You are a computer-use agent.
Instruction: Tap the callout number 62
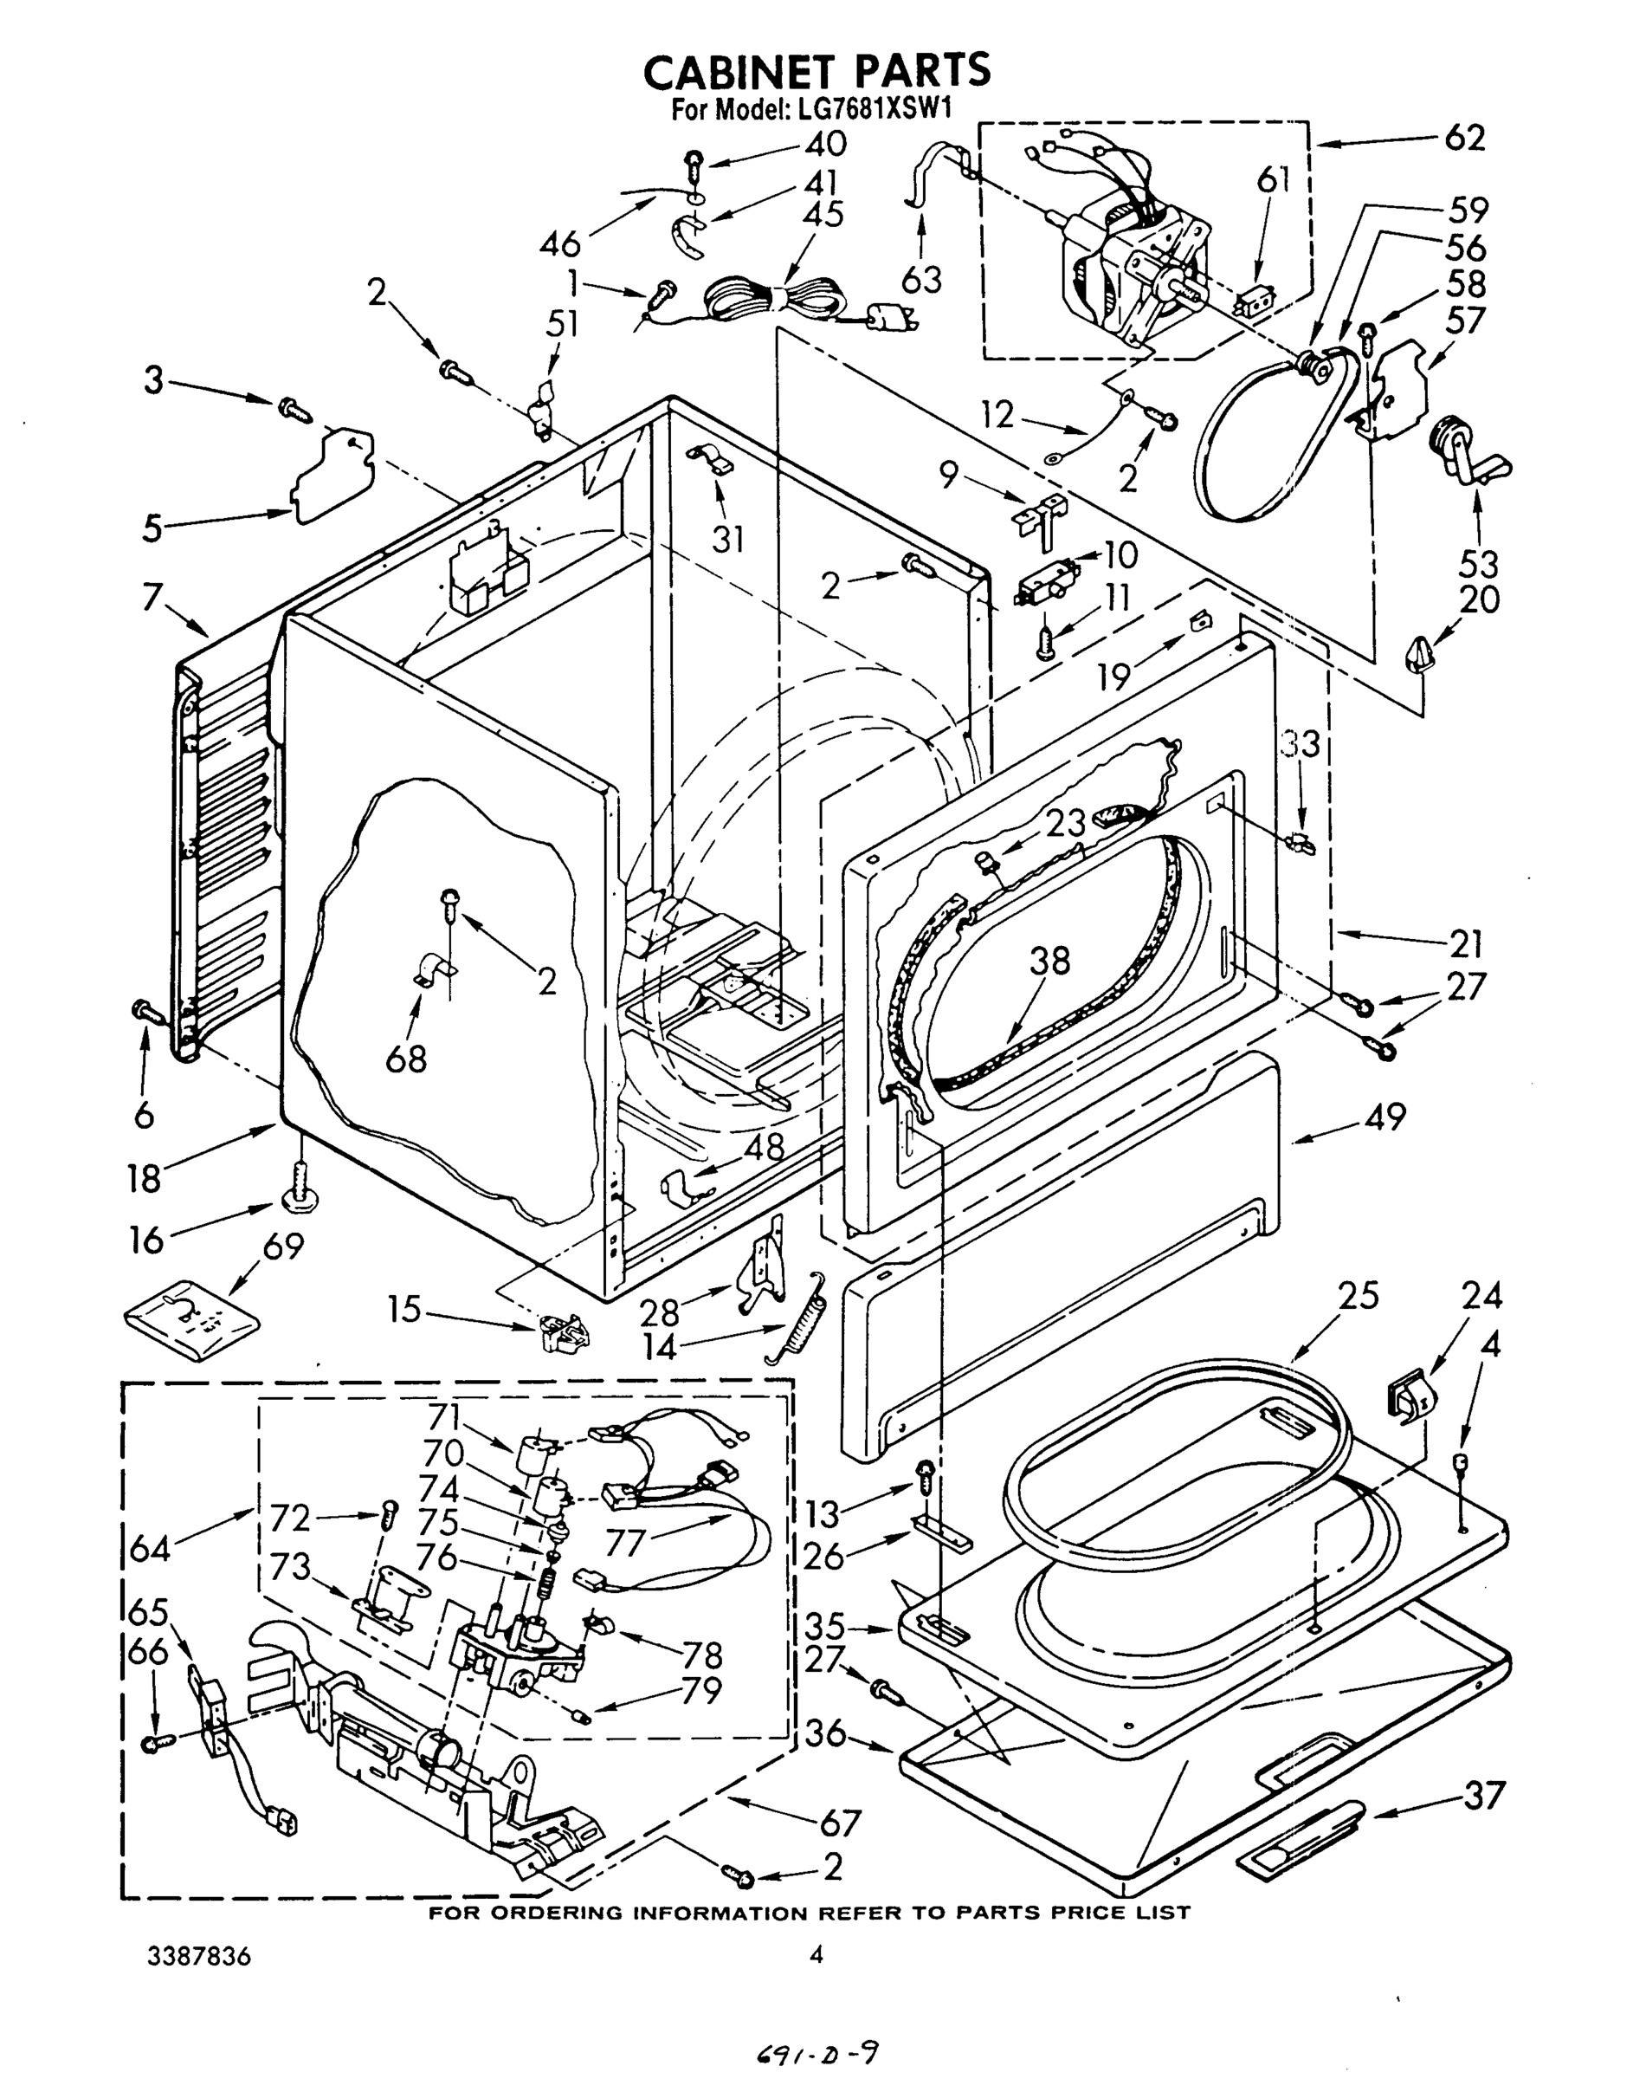tap(1464, 139)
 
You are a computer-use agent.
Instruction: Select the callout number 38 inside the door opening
tap(1049, 960)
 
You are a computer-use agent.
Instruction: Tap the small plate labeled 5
tap(332, 476)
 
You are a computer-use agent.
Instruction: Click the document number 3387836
tap(199, 1956)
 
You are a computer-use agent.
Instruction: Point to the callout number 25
tap(1357, 1298)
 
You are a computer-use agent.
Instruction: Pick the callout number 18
tap(145, 1178)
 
